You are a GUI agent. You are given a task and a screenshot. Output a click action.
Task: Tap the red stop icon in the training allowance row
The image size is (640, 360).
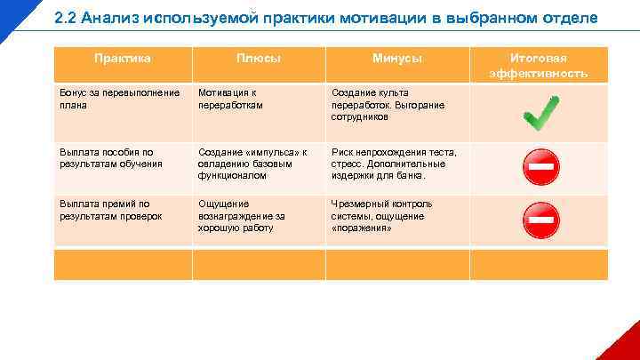540,165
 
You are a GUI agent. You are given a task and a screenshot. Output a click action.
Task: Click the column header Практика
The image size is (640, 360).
123,59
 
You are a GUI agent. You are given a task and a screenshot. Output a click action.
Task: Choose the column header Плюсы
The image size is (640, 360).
259,59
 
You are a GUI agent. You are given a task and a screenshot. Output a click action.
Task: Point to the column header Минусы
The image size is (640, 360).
396,59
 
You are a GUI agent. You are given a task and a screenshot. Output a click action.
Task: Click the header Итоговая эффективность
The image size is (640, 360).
539,66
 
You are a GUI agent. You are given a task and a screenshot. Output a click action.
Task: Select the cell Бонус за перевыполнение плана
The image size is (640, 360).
121,99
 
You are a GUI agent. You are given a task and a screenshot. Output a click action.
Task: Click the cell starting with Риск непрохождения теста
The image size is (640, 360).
394,164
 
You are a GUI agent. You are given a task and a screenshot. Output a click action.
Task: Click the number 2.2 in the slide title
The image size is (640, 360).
66,19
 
